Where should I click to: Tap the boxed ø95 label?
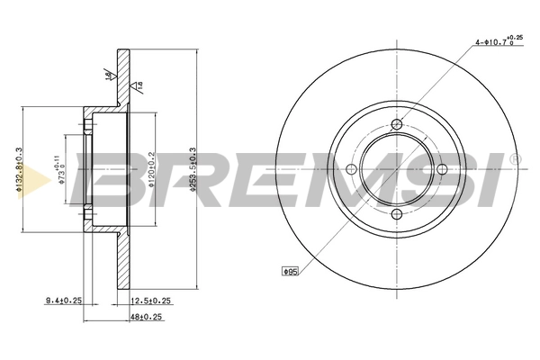pos(290,270)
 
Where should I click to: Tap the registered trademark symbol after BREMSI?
pos(514,159)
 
